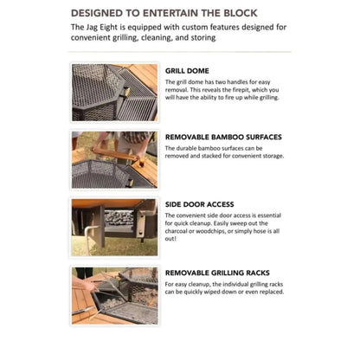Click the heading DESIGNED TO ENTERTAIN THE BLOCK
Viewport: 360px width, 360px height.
click(164, 13)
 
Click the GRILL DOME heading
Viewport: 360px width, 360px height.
click(187, 71)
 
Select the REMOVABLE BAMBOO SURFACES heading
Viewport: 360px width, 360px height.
click(223, 137)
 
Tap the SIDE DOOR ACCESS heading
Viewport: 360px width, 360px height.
click(199, 204)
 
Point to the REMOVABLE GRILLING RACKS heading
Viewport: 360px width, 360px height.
click(217, 273)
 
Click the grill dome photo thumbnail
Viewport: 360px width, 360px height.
click(114, 93)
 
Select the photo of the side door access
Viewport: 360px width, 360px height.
click(114, 228)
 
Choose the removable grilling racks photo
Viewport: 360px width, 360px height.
click(114, 296)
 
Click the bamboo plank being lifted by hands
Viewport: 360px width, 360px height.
click(114, 154)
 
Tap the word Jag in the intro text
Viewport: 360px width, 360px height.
click(93, 28)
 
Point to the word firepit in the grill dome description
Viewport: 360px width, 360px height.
click(241, 90)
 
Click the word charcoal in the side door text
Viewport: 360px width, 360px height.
click(176, 231)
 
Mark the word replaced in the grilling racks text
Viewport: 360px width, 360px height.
click(272, 292)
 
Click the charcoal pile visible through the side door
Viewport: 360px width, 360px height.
click(119, 218)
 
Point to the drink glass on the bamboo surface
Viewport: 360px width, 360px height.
click(141, 162)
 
